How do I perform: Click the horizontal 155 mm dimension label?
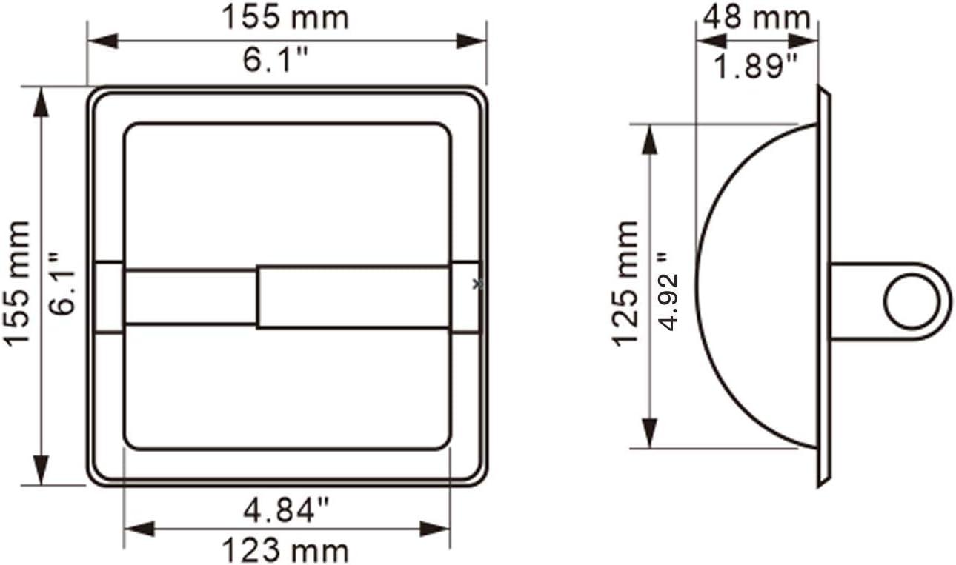285,18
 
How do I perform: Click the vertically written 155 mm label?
17,283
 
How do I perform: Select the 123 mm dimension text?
285,550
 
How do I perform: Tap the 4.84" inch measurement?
286,510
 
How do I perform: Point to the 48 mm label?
756,17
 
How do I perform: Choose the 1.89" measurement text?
755,67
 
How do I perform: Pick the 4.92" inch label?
668,291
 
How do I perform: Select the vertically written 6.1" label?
62,283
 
